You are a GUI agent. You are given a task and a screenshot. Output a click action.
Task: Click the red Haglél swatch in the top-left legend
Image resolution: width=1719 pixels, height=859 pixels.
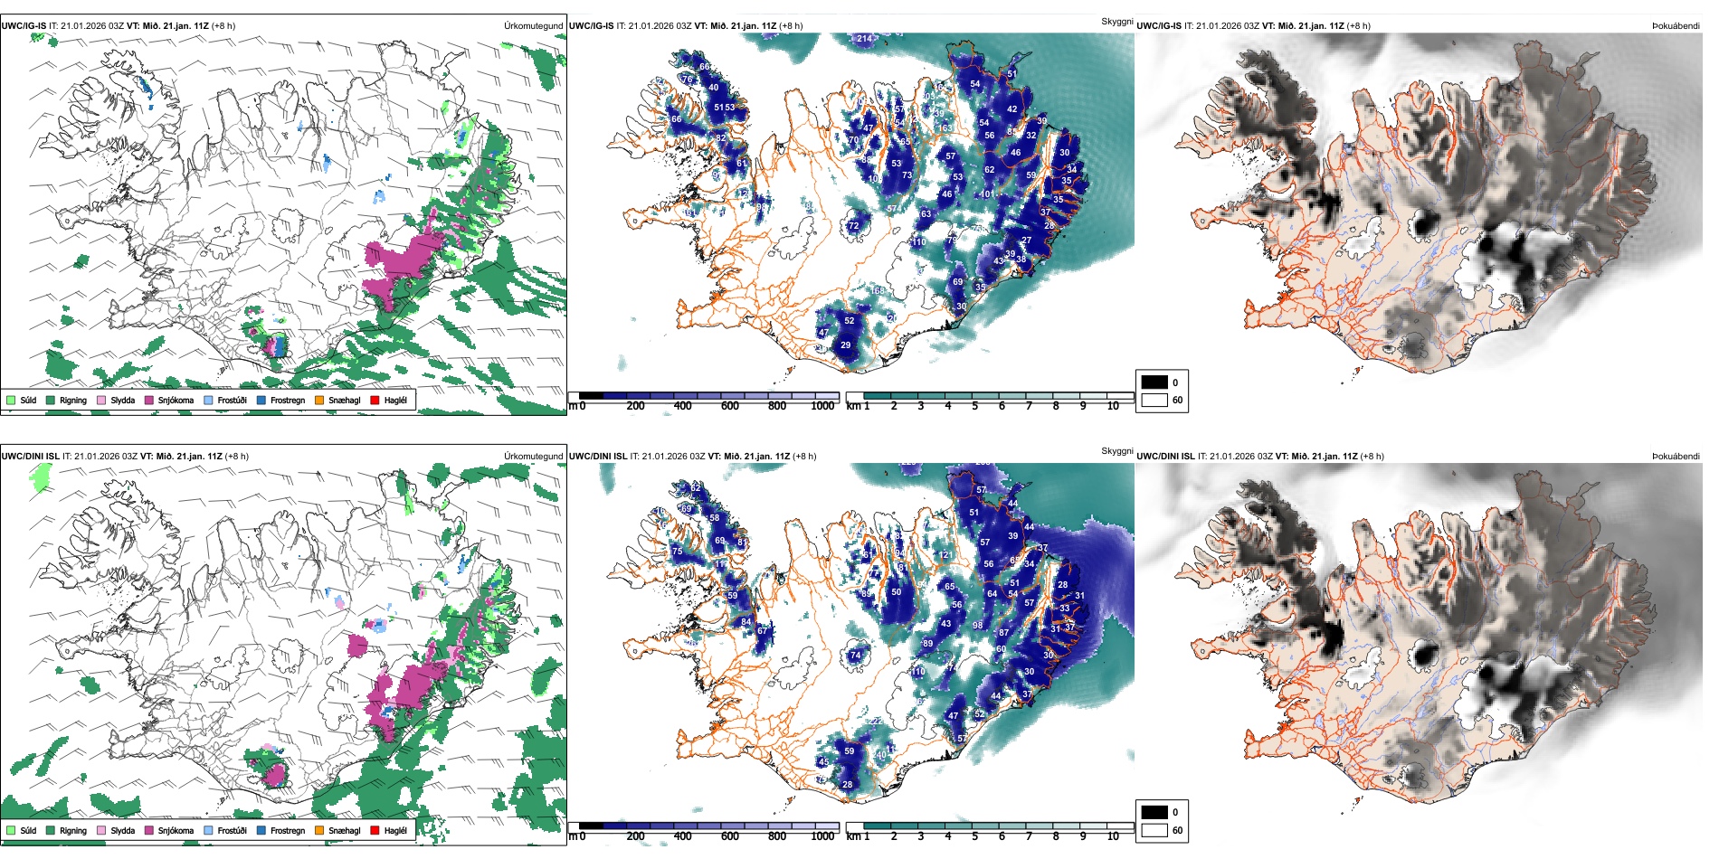(375, 400)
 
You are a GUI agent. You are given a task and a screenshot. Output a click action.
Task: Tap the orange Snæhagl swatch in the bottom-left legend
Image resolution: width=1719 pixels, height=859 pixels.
(319, 830)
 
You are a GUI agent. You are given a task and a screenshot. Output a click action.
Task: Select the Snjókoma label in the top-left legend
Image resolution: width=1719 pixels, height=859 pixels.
(176, 400)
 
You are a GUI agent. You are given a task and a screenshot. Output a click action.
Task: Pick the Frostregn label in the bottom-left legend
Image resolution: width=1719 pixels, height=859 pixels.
(287, 830)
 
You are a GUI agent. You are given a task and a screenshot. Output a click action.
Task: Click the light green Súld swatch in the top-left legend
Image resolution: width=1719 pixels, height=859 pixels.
(11, 400)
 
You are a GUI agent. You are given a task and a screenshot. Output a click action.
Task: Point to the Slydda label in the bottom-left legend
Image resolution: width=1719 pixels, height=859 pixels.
(122, 830)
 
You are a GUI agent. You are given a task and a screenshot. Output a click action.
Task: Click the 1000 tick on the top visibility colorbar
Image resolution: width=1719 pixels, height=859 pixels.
(822, 406)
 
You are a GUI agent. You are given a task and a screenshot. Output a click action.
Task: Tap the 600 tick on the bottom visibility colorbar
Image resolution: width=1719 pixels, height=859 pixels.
(730, 836)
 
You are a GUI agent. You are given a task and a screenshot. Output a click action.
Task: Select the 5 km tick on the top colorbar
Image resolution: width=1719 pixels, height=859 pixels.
(974, 406)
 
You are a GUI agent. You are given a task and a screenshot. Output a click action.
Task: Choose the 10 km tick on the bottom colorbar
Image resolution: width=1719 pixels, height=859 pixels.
(1112, 836)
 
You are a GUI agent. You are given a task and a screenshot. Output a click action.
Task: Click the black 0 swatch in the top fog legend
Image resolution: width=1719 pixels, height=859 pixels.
(1154, 382)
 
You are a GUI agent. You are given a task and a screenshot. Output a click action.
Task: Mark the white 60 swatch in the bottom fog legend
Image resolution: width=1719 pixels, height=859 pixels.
(1154, 830)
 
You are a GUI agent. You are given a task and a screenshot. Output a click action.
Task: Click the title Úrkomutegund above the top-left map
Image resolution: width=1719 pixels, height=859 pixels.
(533, 25)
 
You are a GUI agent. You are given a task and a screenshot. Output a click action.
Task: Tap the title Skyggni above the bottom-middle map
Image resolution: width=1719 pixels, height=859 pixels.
(1116, 450)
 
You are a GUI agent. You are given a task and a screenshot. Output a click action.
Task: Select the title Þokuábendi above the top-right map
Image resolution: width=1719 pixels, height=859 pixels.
(1676, 25)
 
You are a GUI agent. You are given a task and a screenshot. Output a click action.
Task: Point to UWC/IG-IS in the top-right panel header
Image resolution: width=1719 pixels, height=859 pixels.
(1159, 25)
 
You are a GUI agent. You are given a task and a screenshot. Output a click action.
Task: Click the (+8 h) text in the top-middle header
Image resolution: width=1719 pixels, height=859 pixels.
(790, 25)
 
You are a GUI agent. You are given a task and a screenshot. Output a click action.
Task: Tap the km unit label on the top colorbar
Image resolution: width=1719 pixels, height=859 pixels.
(852, 406)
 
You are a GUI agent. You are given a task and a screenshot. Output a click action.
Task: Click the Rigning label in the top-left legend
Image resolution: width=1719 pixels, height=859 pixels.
(73, 400)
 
